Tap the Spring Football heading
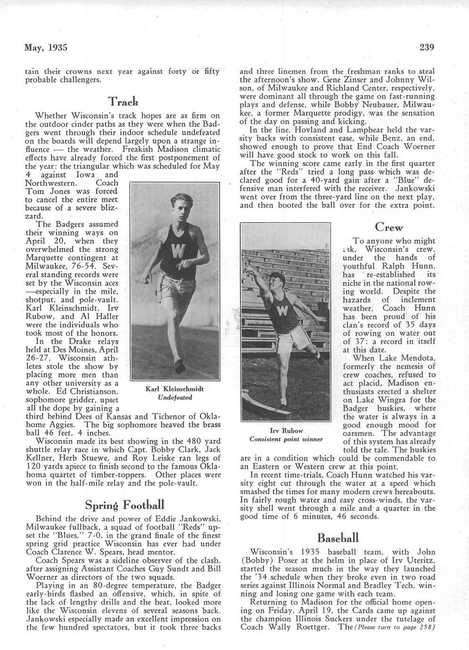coord(124,505)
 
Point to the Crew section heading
coord(389,227)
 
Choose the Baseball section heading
coord(338,537)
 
